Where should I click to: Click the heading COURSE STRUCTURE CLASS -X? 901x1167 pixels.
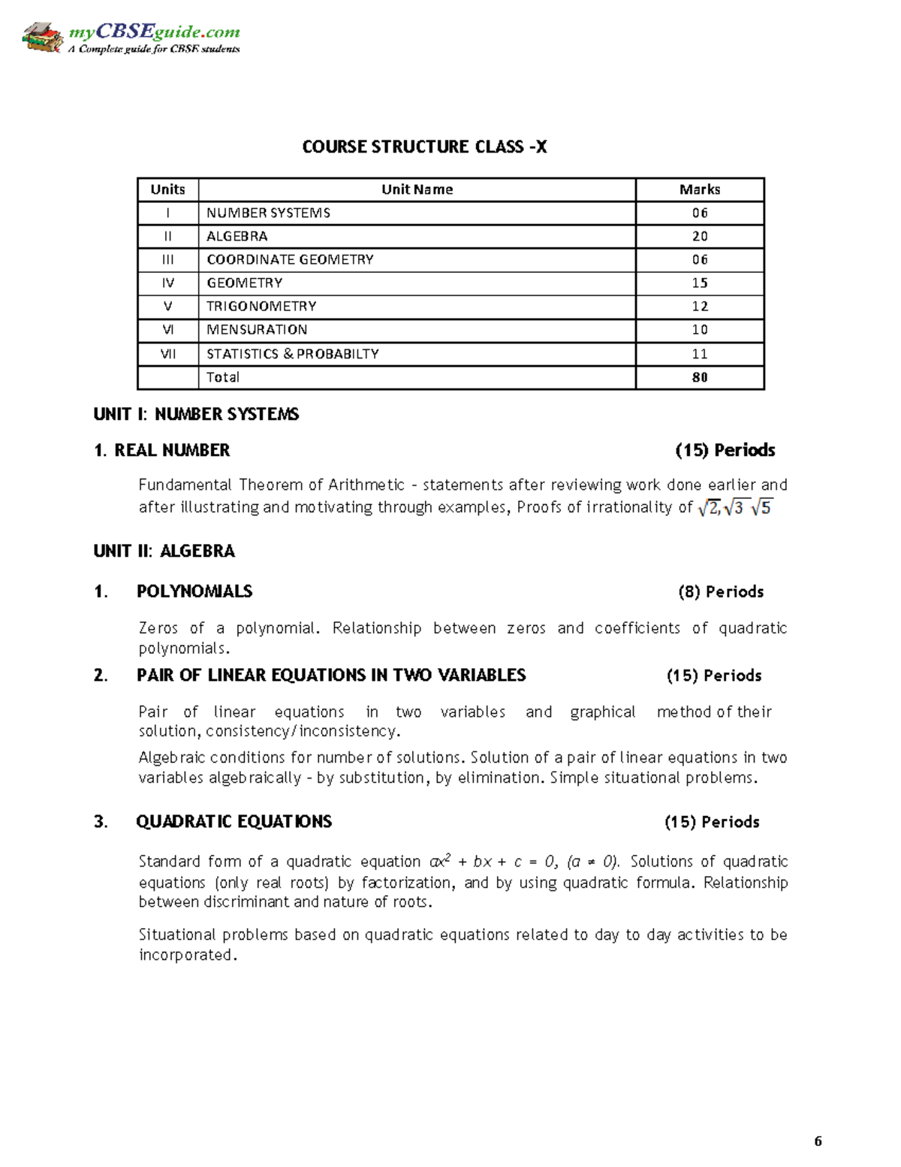click(424, 147)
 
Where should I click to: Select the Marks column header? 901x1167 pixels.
click(699, 189)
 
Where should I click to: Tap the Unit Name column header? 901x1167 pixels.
click(417, 189)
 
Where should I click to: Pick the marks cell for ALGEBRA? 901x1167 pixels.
click(699, 236)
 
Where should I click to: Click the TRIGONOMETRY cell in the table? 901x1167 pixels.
click(261, 306)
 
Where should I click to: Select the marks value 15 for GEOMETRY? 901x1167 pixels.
click(699, 283)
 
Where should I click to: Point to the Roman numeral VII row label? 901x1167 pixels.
click(167, 353)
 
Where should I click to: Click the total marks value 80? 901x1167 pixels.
click(699, 377)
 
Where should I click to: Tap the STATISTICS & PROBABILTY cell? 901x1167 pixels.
click(293, 353)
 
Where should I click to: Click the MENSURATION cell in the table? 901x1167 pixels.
click(257, 329)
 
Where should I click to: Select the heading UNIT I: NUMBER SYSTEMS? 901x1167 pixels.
click(196, 414)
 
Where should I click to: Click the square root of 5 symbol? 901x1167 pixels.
click(761, 508)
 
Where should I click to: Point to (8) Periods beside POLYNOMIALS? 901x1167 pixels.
click(720, 591)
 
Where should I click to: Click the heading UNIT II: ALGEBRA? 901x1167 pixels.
click(164, 551)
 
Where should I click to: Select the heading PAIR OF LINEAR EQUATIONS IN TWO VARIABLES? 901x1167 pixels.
click(331, 675)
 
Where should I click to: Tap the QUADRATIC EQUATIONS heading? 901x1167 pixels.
click(234, 821)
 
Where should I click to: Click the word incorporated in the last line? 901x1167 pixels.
click(188, 955)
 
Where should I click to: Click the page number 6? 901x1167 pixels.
click(818, 1141)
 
